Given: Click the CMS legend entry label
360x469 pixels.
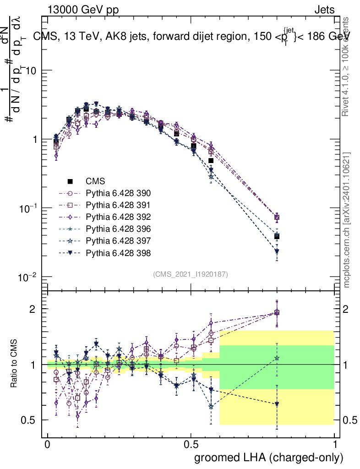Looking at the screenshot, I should [96, 181].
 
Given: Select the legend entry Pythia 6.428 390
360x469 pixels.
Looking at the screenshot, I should [118, 193].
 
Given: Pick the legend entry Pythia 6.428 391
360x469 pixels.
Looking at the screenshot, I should [118, 205].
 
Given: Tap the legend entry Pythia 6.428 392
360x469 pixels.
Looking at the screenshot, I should [118, 217].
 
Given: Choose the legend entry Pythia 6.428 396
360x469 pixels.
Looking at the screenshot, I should [118, 229].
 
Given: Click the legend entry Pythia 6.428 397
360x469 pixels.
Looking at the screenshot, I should [118, 240].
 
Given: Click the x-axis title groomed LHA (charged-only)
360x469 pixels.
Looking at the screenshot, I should [269, 458].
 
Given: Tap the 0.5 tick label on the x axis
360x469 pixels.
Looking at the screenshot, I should [191, 445].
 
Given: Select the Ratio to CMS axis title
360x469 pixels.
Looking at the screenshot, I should [14, 364].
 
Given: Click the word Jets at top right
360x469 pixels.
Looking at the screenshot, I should [324, 10].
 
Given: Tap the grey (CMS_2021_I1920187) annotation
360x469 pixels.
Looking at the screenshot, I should [191, 274].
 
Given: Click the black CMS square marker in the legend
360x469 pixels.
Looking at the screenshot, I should [70, 181].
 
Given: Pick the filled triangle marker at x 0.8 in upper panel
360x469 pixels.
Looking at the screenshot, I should [277, 251].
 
